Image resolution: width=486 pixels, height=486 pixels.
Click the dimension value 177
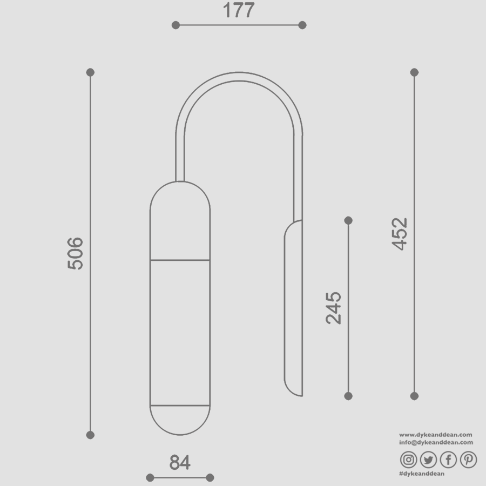click(x=238, y=10)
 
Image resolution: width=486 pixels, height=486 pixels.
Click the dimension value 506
click(x=75, y=253)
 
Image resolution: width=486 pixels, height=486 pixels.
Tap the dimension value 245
click(x=334, y=308)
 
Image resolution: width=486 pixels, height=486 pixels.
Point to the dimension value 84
click(x=180, y=463)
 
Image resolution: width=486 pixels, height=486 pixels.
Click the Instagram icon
click(x=409, y=460)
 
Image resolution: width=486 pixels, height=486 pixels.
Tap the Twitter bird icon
click(x=428, y=460)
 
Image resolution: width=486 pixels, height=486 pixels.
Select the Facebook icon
click(x=448, y=460)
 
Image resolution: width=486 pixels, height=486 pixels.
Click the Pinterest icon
click(x=468, y=460)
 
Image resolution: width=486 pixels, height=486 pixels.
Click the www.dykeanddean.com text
click(x=436, y=434)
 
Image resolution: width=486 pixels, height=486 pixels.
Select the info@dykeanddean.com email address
click(x=436, y=442)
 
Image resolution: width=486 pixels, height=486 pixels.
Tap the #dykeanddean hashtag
click(x=421, y=474)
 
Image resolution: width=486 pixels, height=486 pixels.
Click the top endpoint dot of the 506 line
click(x=90, y=72)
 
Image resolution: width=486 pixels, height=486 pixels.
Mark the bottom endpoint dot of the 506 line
click(x=90, y=435)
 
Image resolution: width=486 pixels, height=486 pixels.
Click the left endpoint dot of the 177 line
click(x=175, y=25)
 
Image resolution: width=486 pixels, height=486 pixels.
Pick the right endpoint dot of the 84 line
click(x=210, y=477)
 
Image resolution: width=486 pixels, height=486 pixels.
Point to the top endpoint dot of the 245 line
click(x=348, y=220)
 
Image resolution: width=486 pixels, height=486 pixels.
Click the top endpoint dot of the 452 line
click(x=414, y=72)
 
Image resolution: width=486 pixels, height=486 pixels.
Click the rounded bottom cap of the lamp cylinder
click(x=180, y=419)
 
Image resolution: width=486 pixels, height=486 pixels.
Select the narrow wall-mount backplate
click(x=293, y=308)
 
